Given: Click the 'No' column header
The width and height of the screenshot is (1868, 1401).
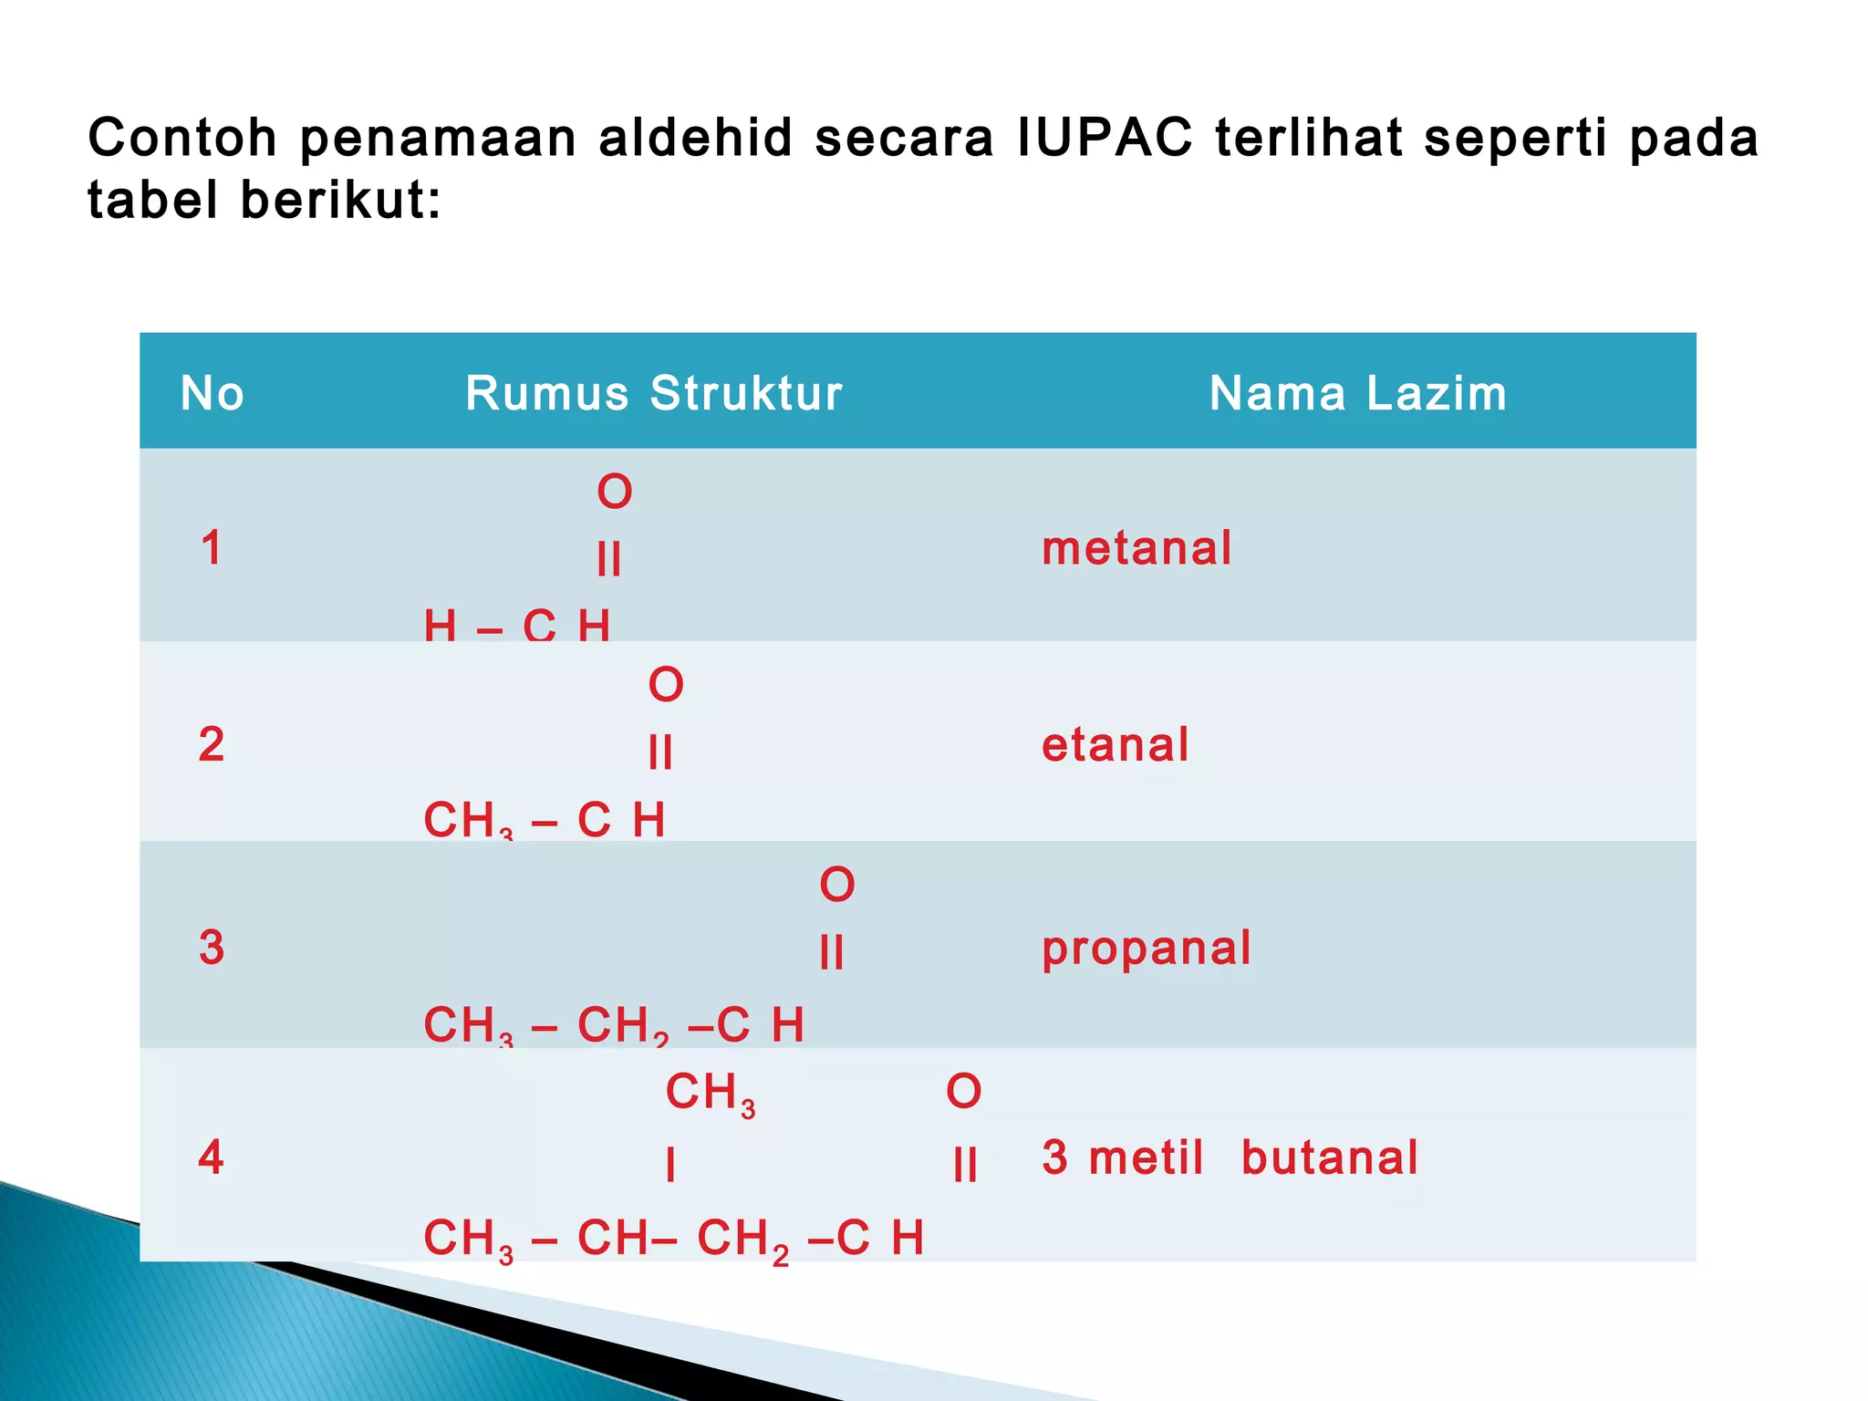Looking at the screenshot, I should (212, 394).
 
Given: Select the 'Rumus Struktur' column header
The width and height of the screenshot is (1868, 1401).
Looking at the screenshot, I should (653, 394).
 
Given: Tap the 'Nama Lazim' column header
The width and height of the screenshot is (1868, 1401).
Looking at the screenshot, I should (1357, 394).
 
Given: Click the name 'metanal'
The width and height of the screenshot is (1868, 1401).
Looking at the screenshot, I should (1136, 548).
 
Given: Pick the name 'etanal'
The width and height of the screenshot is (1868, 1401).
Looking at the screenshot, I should (1116, 744).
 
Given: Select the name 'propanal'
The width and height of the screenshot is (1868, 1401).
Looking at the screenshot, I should (1147, 949).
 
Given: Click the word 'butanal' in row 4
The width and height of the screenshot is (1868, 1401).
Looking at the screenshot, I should (1330, 1157).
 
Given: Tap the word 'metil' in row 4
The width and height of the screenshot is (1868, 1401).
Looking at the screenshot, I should (1147, 1157).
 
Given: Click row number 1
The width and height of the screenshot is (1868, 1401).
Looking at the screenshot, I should (211, 548).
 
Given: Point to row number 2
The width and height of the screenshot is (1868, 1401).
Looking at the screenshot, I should (211, 744).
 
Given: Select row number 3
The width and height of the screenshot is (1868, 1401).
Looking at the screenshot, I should (211, 948).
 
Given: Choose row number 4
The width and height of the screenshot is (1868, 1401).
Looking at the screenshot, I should (211, 1157).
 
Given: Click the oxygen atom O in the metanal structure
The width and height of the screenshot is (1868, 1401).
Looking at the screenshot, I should (614, 493).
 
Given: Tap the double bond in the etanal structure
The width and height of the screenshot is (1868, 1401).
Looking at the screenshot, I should (659, 752).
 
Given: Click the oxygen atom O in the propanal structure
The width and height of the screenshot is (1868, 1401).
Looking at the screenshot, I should (836, 885).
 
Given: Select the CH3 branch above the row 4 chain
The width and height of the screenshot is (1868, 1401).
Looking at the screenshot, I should (710, 1093).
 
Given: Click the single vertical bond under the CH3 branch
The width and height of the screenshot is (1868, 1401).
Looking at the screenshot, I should (670, 1165).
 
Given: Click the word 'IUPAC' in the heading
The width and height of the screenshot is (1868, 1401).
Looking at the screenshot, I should (1105, 139).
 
